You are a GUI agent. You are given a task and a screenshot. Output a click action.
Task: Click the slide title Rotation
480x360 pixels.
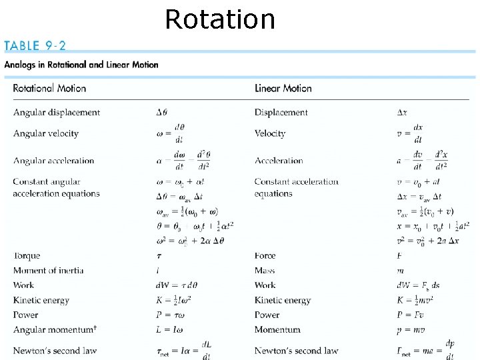[x=219, y=19]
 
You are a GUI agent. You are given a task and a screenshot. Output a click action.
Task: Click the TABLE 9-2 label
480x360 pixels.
[x=35, y=46]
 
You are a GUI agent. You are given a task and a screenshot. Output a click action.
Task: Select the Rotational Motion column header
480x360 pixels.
[x=49, y=88]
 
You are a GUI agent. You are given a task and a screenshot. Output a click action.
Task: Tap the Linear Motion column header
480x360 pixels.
[x=283, y=88]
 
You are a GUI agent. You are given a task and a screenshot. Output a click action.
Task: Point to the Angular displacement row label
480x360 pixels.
[x=57, y=113]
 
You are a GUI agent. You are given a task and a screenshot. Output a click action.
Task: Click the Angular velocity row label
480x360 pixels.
[x=46, y=133]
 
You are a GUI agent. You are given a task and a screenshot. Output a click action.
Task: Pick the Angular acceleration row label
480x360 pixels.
[x=54, y=161]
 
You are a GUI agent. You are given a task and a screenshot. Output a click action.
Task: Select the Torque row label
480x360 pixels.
[x=27, y=256]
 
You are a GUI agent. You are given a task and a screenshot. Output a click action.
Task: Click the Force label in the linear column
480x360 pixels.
[x=265, y=256]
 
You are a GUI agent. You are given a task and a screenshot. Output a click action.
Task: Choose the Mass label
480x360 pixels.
[x=265, y=271]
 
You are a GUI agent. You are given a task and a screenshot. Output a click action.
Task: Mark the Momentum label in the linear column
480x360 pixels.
[x=277, y=329]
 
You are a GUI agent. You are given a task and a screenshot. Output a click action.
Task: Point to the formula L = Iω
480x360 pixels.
[x=169, y=329]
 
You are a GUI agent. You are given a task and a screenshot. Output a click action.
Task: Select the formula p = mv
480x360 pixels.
[x=410, y=329]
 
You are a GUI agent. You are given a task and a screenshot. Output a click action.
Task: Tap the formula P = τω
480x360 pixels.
[x=170, y=315]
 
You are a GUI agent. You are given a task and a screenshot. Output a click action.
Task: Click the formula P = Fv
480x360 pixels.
[x=410, y=315]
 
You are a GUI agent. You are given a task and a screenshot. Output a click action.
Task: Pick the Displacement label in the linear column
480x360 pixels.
[x=281, y=113]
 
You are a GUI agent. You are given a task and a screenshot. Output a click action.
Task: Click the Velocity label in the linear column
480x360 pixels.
[x=270, y=133]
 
